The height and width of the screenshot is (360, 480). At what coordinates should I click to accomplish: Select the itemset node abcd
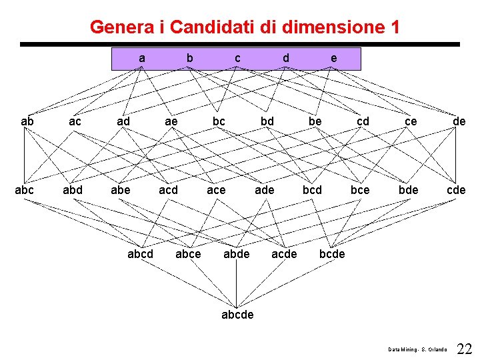coord(140,254)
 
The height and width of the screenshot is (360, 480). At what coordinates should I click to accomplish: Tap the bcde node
coord(332,254)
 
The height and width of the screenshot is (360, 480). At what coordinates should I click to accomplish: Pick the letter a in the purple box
coord(141,59)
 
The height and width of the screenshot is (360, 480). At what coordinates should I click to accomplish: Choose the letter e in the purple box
coord(333,59)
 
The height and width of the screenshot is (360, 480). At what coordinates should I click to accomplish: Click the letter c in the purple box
coord(237,59)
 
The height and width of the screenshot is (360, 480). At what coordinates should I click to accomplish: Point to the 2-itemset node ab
coord(27,121)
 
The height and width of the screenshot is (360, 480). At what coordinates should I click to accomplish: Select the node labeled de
coord(459,121)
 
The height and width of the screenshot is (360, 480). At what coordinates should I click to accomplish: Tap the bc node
coord(219,121)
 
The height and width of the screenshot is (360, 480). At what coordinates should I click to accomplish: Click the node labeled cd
coord(363,121)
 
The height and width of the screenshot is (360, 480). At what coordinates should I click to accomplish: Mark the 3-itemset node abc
coord(25,190)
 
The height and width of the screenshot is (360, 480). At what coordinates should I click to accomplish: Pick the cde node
coord(456,190)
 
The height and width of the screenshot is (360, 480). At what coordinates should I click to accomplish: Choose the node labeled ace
coord(216,190)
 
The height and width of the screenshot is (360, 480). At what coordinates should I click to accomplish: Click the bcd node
coord(312,190)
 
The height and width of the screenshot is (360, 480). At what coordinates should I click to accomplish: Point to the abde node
coord(236,254)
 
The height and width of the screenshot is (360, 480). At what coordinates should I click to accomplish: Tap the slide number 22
coord(465,348)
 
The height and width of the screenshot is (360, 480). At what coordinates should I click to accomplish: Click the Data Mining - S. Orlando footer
coord(418,349)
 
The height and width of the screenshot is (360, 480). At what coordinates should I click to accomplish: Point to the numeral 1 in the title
coord(395,27)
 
